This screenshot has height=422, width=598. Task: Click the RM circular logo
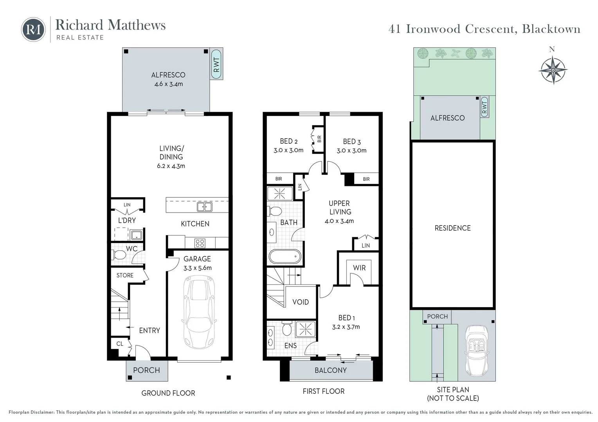(x=33, y=29)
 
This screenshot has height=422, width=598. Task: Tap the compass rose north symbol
(x=552, y=70)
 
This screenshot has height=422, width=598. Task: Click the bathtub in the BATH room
(x=285, y=257)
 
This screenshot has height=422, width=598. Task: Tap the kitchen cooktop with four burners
(x=200, y=243)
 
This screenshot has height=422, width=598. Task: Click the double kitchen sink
(x=204, y=207)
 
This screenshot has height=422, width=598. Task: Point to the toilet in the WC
(x=120, y=255)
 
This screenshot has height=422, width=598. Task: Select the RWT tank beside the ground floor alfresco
(x=216, y=64)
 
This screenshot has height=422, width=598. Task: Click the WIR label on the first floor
(x=359, y=268)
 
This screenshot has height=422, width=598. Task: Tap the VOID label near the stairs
(x=300, y=302)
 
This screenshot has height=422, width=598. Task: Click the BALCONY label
(x=330, y=370)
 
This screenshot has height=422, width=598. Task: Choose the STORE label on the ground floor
(x=125, y=275)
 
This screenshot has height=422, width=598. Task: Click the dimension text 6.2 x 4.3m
(x=171, y=166)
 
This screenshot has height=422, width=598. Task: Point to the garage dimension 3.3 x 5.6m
(x=197, y=268)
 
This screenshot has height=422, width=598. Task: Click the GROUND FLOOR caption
(x=168, y=393)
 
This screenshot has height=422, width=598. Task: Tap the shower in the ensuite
(x=305, y=329)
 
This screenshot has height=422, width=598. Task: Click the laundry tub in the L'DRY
(x=136, y=235)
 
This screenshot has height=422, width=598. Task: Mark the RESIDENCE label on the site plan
(x=452, y=228)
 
